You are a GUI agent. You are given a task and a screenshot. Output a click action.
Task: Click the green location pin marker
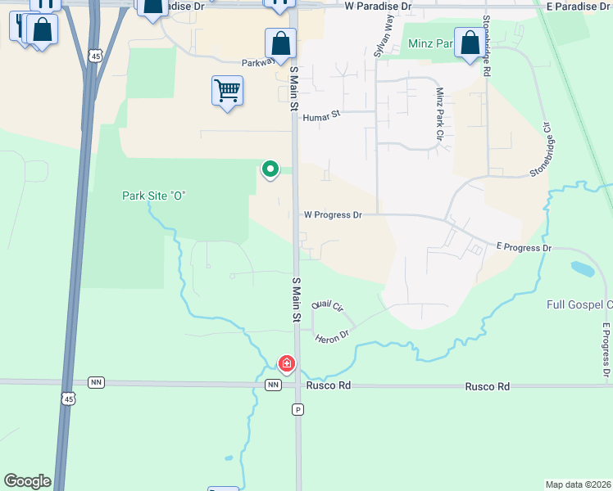270,169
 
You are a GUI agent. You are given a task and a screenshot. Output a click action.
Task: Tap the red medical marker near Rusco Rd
286,363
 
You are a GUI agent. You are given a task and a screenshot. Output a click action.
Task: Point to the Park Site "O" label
154,196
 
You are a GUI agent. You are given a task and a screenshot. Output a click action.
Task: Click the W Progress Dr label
333,215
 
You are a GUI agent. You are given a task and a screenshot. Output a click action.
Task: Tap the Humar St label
321,117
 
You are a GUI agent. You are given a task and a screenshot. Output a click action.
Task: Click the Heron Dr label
333,335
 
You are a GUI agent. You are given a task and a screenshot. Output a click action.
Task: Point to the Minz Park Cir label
440,114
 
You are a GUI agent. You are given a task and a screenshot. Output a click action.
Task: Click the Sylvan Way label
383,38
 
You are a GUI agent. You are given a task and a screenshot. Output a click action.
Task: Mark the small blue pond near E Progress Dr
583,268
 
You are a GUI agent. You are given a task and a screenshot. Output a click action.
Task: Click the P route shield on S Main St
297,408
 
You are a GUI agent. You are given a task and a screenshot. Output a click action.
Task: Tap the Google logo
27,481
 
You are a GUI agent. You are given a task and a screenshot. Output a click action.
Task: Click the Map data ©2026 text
578,484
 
